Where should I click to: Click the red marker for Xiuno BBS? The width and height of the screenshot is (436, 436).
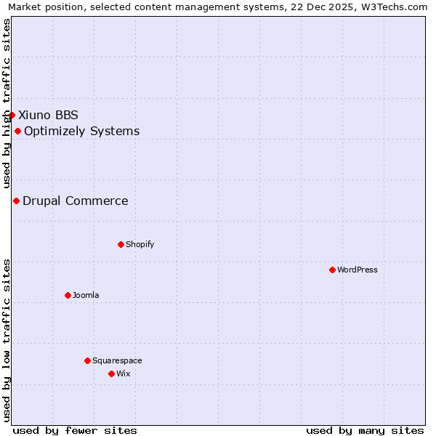point(12,115)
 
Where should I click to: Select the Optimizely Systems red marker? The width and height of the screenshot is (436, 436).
point(17,131)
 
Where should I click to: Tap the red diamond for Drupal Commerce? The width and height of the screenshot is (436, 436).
point(16,201)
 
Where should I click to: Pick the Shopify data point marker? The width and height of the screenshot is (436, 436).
point(121,244)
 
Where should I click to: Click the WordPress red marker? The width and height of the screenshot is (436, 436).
point(332,270)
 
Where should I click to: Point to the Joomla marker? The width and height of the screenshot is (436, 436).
point(68,295)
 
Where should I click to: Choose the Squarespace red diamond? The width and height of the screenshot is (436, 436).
point(87,360)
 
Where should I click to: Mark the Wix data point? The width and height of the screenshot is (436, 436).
point(111,374)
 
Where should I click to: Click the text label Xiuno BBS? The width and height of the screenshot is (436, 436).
point(48,115)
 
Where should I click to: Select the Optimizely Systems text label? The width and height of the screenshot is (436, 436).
point(81,131)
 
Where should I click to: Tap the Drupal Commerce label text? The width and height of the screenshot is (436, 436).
point(75,201)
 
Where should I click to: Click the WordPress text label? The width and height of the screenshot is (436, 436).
point(357,270)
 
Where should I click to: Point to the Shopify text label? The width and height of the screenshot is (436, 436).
point(140,244)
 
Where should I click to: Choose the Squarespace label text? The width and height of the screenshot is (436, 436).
point(117,360)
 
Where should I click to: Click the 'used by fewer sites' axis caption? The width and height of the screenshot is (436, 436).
point(75,430)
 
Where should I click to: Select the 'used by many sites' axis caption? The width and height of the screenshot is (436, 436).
point(365,430)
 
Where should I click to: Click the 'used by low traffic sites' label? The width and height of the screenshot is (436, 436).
point(7,340)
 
